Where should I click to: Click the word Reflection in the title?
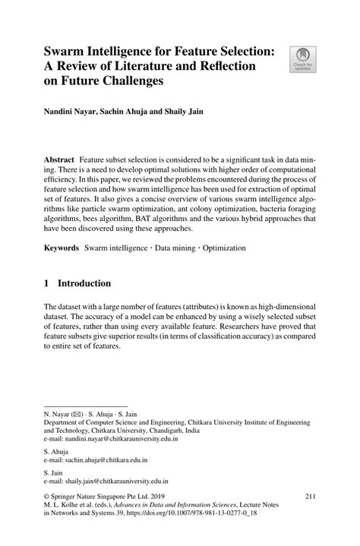(221, 65)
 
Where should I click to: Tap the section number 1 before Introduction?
(47, 283)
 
